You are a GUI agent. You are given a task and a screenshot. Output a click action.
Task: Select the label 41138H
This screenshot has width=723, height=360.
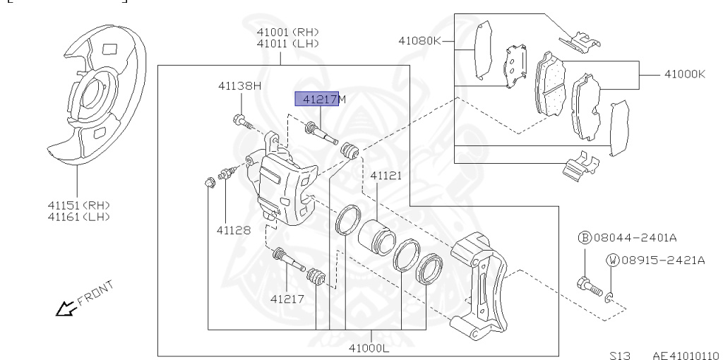click(239, 86)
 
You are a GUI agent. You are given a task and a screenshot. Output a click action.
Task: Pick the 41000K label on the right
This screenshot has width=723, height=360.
click(684, 73)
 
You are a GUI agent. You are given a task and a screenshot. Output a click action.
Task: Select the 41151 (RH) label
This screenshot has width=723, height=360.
click(78, 205)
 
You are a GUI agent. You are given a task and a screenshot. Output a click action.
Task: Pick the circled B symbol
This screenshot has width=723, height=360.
click(584, 238)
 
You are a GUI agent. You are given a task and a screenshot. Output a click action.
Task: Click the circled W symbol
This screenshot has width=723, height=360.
click(612, 260)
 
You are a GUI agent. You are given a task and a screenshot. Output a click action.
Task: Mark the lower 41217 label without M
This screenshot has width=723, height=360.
click(287, 299)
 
